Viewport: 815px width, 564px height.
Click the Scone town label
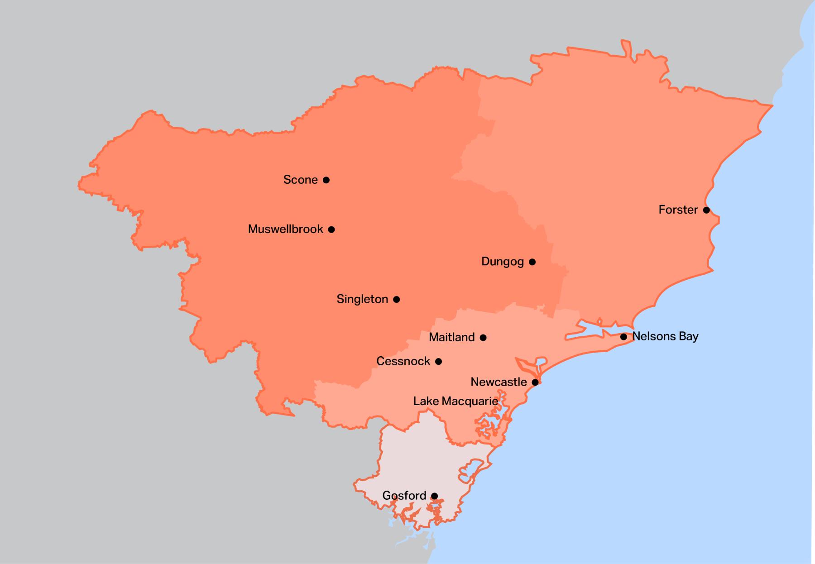(x=300, y=180)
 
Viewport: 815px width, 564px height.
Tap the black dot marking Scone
(x=326, y=180)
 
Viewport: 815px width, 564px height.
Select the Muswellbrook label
(x=285, y=229)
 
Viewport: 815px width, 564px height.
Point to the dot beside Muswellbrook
(x=331, y=229)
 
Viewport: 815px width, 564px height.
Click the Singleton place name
(x=362, y=299)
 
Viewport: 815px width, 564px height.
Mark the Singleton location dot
(x=396, y=299)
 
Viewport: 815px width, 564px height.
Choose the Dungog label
(x=502, y=262)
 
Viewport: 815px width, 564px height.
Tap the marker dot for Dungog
(x=532, y=262)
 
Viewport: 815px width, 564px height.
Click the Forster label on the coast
(x=678, y=210)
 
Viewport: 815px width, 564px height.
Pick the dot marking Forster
(x=706, y=210)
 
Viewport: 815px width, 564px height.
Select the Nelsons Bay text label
(x=665, y=336)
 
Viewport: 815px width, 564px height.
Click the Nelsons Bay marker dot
(x=623, y=337)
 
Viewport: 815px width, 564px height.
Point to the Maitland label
(x=451, y=337)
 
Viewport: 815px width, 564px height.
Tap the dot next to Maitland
(x=483, y=337)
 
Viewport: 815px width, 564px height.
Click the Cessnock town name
(x=403, y=361)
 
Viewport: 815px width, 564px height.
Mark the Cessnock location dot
(x=438, y=361)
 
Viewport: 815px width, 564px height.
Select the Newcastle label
(x=499, y=382)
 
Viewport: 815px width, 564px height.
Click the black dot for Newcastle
(x=535, y=382)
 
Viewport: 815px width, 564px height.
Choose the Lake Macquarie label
(x=455, y=401)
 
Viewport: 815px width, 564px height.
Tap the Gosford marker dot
(x=434, y=496)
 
